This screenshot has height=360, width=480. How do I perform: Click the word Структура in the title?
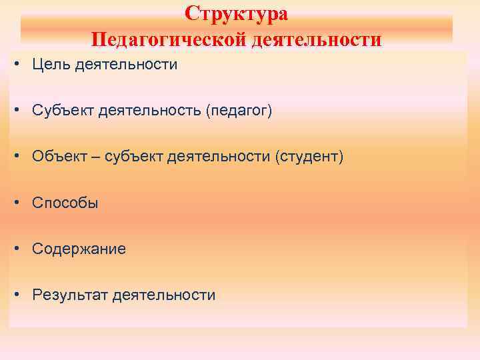coord(237,13)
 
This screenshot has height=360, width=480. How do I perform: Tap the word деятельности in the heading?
coord(317,39)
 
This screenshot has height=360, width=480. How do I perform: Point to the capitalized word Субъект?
coord(62,111)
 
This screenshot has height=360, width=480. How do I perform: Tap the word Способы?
coord(65,203)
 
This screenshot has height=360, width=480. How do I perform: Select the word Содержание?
coord(79,249)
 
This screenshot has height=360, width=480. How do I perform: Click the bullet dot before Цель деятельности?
coord(18,65)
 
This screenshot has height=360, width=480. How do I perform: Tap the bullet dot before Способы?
coord(18,203)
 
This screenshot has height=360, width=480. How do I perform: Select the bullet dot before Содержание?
coord(18,249)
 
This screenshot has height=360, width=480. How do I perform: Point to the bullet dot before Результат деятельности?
coord(18,295)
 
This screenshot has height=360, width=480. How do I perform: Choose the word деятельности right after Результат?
coord(164,295)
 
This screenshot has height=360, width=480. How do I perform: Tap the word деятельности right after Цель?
coord(126,65)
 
